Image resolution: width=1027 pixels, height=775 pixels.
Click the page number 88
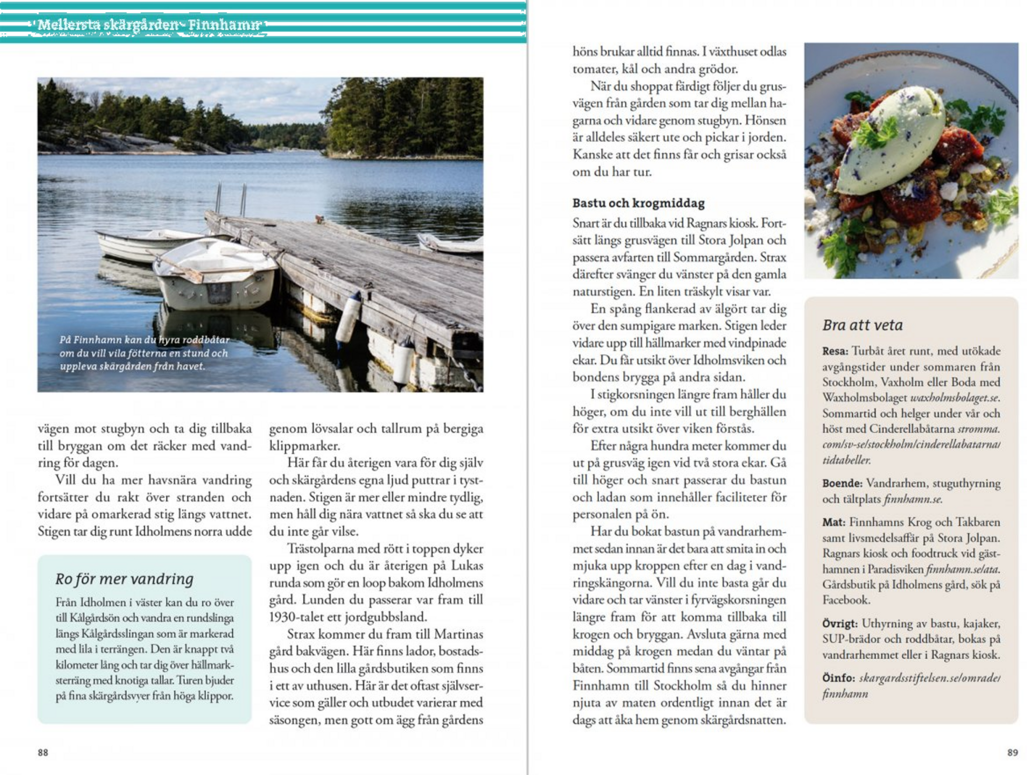coord(43,752)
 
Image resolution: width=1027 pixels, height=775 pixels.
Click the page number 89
coord(1012,752)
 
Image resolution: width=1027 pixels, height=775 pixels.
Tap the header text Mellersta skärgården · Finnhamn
coord(149,25)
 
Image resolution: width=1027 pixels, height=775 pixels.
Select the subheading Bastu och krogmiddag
coord(638,203)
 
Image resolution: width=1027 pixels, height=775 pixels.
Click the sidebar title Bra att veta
coord(863,325)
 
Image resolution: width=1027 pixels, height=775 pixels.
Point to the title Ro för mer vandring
coord(124,579)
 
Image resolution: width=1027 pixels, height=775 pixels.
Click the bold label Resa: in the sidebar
coord(835,351)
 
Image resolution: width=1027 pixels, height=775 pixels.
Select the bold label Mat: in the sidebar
coord(833,522)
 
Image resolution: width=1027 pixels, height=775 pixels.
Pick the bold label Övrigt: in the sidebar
coord(840,623)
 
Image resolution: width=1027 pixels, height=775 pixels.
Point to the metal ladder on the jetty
coord(231,199)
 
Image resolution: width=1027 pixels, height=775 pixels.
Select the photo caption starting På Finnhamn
coord(144,353)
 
